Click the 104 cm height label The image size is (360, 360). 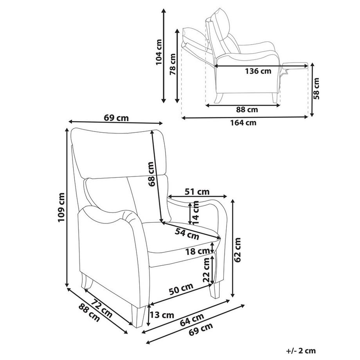click(x=159, y=52)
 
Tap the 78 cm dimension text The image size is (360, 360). click(x=173, y=64)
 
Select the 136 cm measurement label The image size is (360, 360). click(x=258, y=71)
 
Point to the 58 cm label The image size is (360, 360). click(x=316, y=88)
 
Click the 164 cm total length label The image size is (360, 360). click(x=243, y=122)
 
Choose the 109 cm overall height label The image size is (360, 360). click(x=61, y=207)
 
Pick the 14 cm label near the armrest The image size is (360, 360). click(x=196, y=213)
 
